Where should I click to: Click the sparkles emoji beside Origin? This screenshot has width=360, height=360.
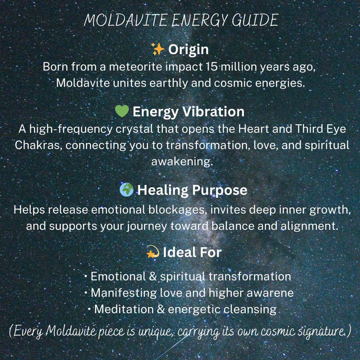(x=158, y=49)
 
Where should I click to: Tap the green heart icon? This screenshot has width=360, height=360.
(x=122, y=111)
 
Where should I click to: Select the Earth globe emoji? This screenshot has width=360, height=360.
(x=126, y=190)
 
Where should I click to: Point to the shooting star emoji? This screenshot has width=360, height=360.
(x=153, y=252)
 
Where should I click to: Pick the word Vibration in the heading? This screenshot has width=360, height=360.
(x=213, y=112)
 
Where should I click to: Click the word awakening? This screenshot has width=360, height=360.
(x=182, y=161)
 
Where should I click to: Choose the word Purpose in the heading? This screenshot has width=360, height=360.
(x=220, y=190)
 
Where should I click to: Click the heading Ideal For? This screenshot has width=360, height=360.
(x=192, y=253)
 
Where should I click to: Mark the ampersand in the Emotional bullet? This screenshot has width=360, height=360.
(x=153, y=276)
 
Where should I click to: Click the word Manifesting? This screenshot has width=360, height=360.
(x=124, y=293)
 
